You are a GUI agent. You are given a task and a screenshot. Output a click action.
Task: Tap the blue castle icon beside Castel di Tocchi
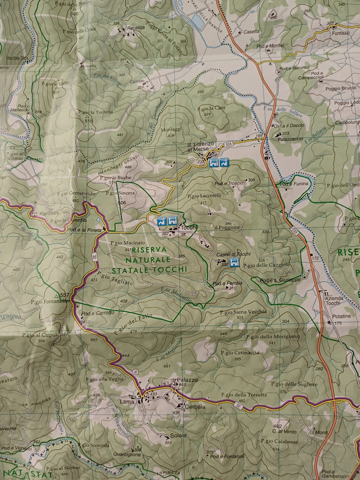tap(234, 262)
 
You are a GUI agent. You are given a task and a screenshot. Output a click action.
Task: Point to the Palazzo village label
tap(186, 380)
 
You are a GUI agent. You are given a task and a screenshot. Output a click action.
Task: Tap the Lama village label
tap(127, 401)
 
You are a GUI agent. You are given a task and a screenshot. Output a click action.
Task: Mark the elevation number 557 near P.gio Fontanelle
tap(65, 295)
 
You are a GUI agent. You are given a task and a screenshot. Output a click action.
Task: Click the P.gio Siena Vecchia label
tap(243, 311)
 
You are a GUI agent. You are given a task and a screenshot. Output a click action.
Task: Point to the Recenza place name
tap(135, 27)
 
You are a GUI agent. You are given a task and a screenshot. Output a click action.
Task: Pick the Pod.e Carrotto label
tap(98, 313)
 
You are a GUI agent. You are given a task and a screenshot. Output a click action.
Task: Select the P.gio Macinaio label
tap(128, 243)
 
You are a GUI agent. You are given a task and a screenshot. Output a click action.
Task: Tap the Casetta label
tap(251, 32)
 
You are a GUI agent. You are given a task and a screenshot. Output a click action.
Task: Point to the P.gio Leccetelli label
tap(204, 195)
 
